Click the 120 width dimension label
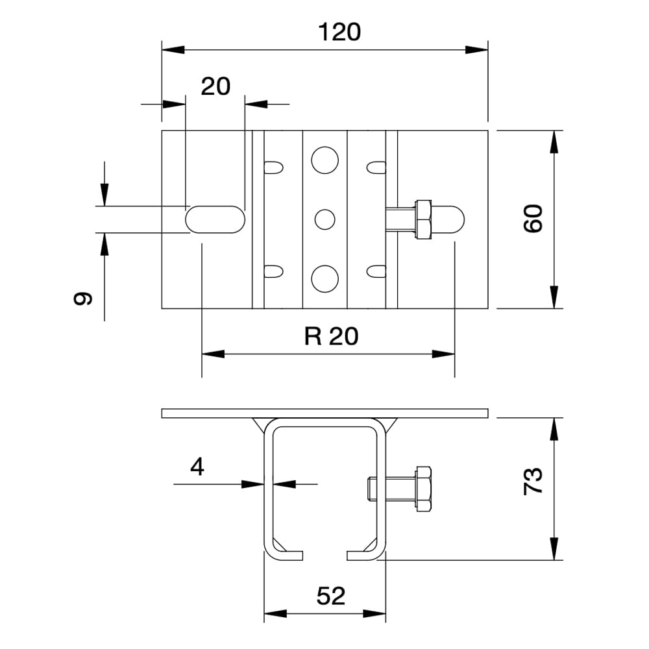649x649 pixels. [339, 32]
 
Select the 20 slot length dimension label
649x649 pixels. [215, 86]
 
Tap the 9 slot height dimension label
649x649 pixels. [83, 299]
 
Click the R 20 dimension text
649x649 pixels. [331, 336]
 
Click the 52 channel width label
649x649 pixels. [331, 596]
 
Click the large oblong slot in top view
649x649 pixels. [215, 219]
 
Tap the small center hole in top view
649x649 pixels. [324, 219]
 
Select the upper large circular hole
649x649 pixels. [324, 160]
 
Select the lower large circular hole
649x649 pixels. [324, 278]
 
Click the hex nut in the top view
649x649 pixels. [422, 219]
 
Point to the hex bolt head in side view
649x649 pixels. [423, 488]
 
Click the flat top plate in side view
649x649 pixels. [324, 413]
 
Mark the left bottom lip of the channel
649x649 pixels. [286, 555]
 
